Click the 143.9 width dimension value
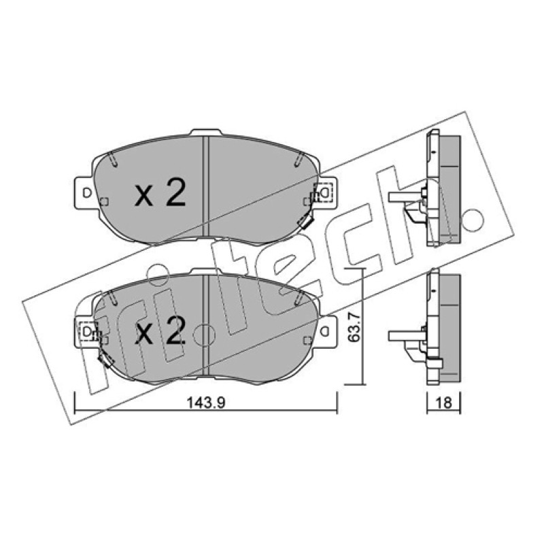point(206,403)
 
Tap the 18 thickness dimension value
point(443,403)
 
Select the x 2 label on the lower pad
point(160,331)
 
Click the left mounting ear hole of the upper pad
point(86,192)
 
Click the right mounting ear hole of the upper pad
point(325,192)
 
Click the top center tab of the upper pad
point(206,132)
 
